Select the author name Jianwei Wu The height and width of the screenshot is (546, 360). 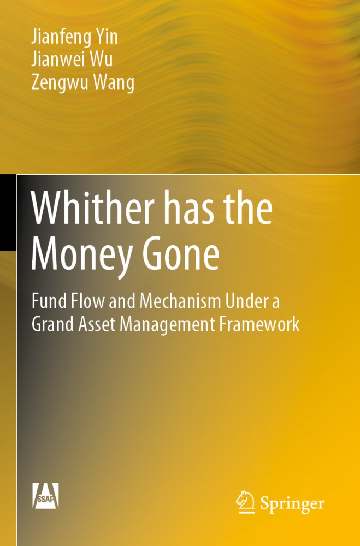72,58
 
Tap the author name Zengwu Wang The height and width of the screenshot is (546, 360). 82,82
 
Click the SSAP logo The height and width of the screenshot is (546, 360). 46,496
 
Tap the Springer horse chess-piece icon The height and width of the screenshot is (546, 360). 245,502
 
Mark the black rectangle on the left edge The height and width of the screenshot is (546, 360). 8,212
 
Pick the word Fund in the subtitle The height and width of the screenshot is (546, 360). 49,301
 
